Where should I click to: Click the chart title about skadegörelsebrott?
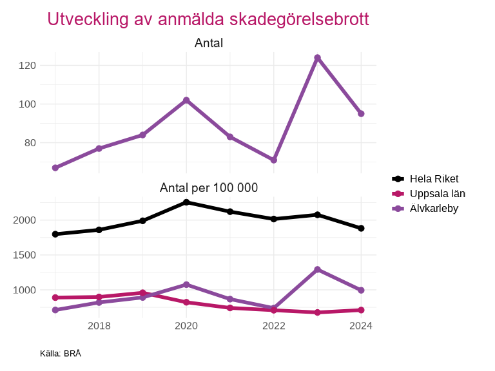click(208, 19)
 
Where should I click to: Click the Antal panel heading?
click(208, 43)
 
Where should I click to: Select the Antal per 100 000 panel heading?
click(208, 188)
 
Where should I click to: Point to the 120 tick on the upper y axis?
click(27, 66)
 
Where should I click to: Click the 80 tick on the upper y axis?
click(30, 143)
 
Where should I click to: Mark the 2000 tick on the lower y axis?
click(24, 220)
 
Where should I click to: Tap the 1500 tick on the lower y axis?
click(24, 255)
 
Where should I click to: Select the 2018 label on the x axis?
click(99, 326)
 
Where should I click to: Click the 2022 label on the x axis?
click(273, 326)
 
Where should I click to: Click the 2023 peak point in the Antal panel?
click(317, 58)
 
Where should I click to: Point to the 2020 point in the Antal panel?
click(186, 100)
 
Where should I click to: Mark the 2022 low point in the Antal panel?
click(273, 160)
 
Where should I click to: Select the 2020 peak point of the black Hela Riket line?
click(186, 202)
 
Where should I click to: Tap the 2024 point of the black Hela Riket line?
click(361, 228)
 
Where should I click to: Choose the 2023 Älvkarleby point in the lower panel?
click(317, 269)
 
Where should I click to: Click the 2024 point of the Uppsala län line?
click(361, 310)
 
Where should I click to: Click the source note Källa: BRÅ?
click(60, 354)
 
